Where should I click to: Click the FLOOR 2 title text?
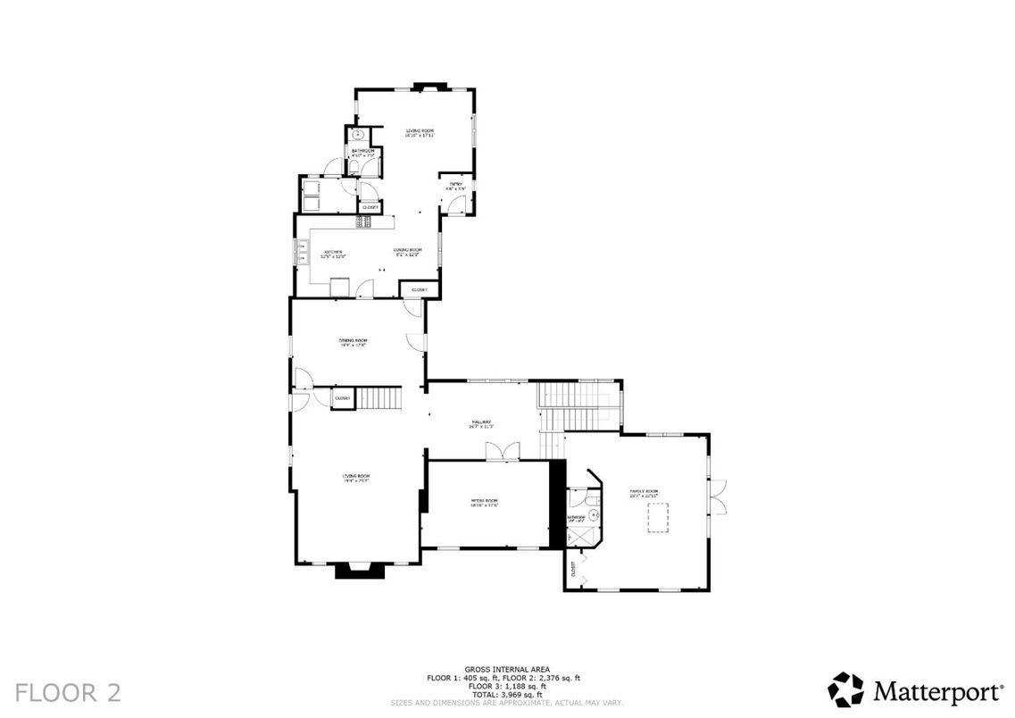[x=68, y=691]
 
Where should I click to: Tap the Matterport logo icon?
[x=845, y=690]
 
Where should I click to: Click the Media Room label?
[x=484, y=503]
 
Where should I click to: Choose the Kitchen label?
[x=333, y=254]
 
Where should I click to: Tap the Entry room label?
[x=456, y=187]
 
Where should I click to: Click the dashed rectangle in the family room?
[x=659, y=517]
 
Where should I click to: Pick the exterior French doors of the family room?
[x=718, y=497]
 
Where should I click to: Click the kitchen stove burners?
[x=364, y=221]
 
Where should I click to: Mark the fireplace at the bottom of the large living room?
[x=359, y=570]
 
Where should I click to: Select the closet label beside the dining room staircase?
[x=342, y=398]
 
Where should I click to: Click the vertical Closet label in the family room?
[x=572, y=566]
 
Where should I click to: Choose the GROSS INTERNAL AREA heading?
[x=506, y=669]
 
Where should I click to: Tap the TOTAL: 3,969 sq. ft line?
[x=506, y=694]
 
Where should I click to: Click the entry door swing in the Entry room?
[x=456, y=205]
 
